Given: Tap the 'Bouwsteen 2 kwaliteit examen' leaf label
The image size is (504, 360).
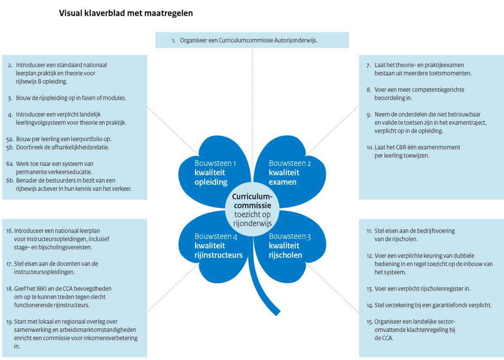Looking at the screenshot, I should click(289, 173).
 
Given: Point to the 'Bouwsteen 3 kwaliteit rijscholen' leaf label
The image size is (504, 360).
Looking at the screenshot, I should click(289, 246).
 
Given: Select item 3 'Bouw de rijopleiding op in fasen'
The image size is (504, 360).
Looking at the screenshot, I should click(71, 98).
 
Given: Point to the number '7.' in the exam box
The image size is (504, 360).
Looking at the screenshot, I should click(368, 65).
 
